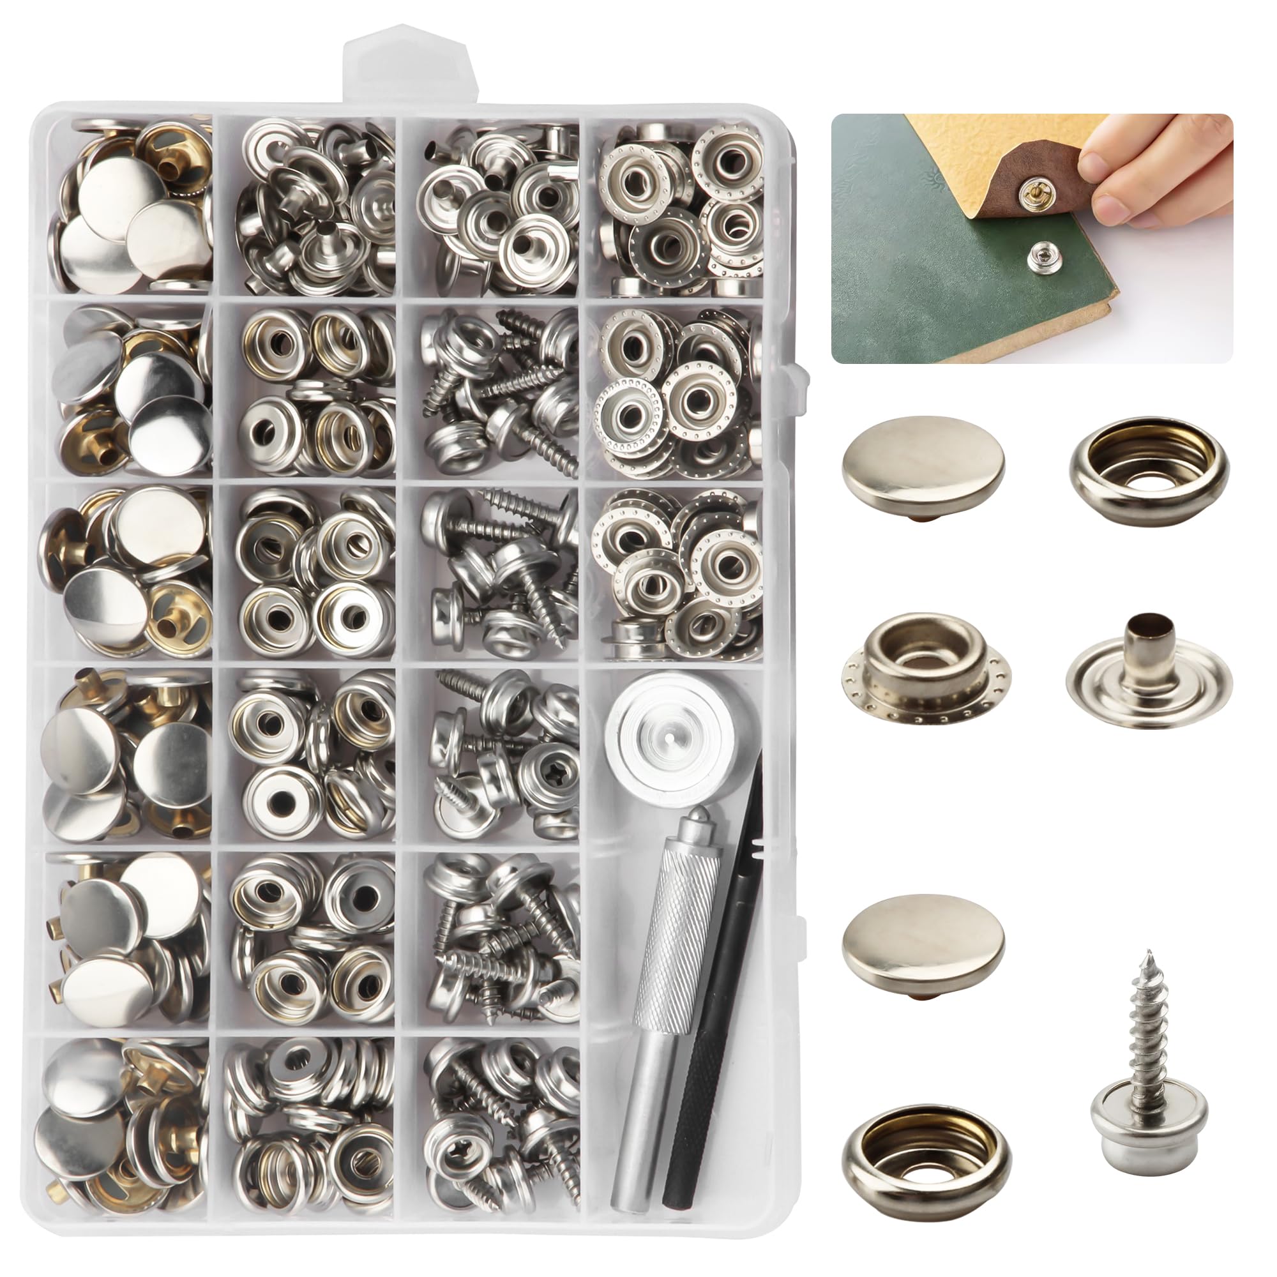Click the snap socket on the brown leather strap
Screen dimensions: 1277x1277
pos(1029,192)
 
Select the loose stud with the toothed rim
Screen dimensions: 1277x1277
pos(927,671)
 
